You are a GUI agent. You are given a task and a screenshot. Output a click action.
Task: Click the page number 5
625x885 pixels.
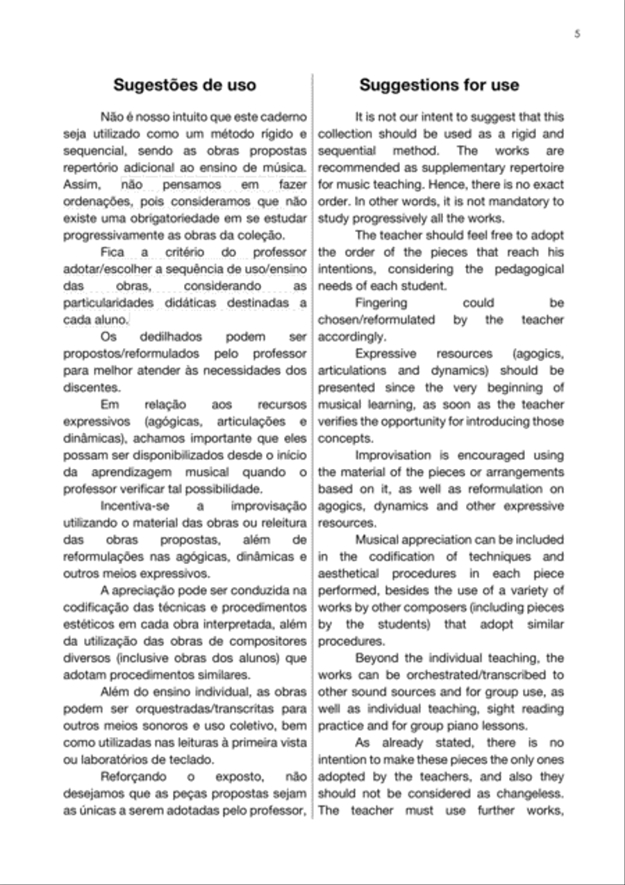[577, 33]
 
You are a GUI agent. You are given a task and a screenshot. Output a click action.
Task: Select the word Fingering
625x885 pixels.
[381, 303]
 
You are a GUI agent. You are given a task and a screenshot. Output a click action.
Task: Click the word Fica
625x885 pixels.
[112, 252]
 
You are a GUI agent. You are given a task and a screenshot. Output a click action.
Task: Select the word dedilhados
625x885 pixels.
[166, 337]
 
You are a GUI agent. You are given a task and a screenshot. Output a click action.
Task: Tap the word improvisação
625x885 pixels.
[268, 506]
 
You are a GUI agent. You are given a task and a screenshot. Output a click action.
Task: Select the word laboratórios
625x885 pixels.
[119, 760]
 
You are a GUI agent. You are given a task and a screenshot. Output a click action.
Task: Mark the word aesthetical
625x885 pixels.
[349, 574]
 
